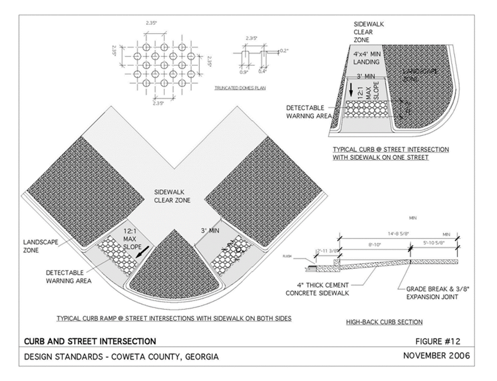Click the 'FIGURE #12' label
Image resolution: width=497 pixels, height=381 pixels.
coord(438,342)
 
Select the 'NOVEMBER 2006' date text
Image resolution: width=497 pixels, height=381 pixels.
coord(436,355)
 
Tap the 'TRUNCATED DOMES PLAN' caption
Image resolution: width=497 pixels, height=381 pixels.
coord(240,88)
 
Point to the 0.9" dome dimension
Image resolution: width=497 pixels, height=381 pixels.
coord(244,73)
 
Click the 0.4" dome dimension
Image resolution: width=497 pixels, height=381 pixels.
coord(262,71)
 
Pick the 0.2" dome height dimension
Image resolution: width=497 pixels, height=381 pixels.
coord(284,51)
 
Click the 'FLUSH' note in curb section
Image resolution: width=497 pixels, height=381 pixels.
coord(297,257)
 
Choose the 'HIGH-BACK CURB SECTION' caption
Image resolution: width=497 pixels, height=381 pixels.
coord(384,322)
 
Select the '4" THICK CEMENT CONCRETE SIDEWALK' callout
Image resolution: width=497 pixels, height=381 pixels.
coord(317,289)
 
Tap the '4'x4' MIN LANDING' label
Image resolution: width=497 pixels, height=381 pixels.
coord(366,58)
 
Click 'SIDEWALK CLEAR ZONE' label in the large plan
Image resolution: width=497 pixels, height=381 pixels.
coord(172,196)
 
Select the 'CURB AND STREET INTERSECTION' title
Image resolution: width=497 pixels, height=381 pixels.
coord(90,342)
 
